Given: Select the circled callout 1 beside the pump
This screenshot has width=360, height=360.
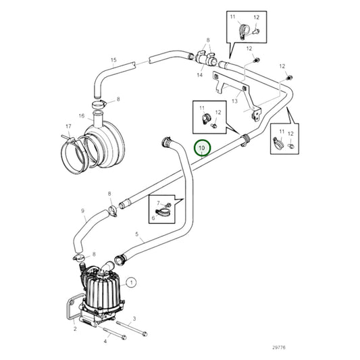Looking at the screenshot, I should pos(131,282).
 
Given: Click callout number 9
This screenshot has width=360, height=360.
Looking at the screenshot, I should pos(83,211).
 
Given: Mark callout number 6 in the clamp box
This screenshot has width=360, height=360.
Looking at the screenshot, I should pos(153,217).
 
